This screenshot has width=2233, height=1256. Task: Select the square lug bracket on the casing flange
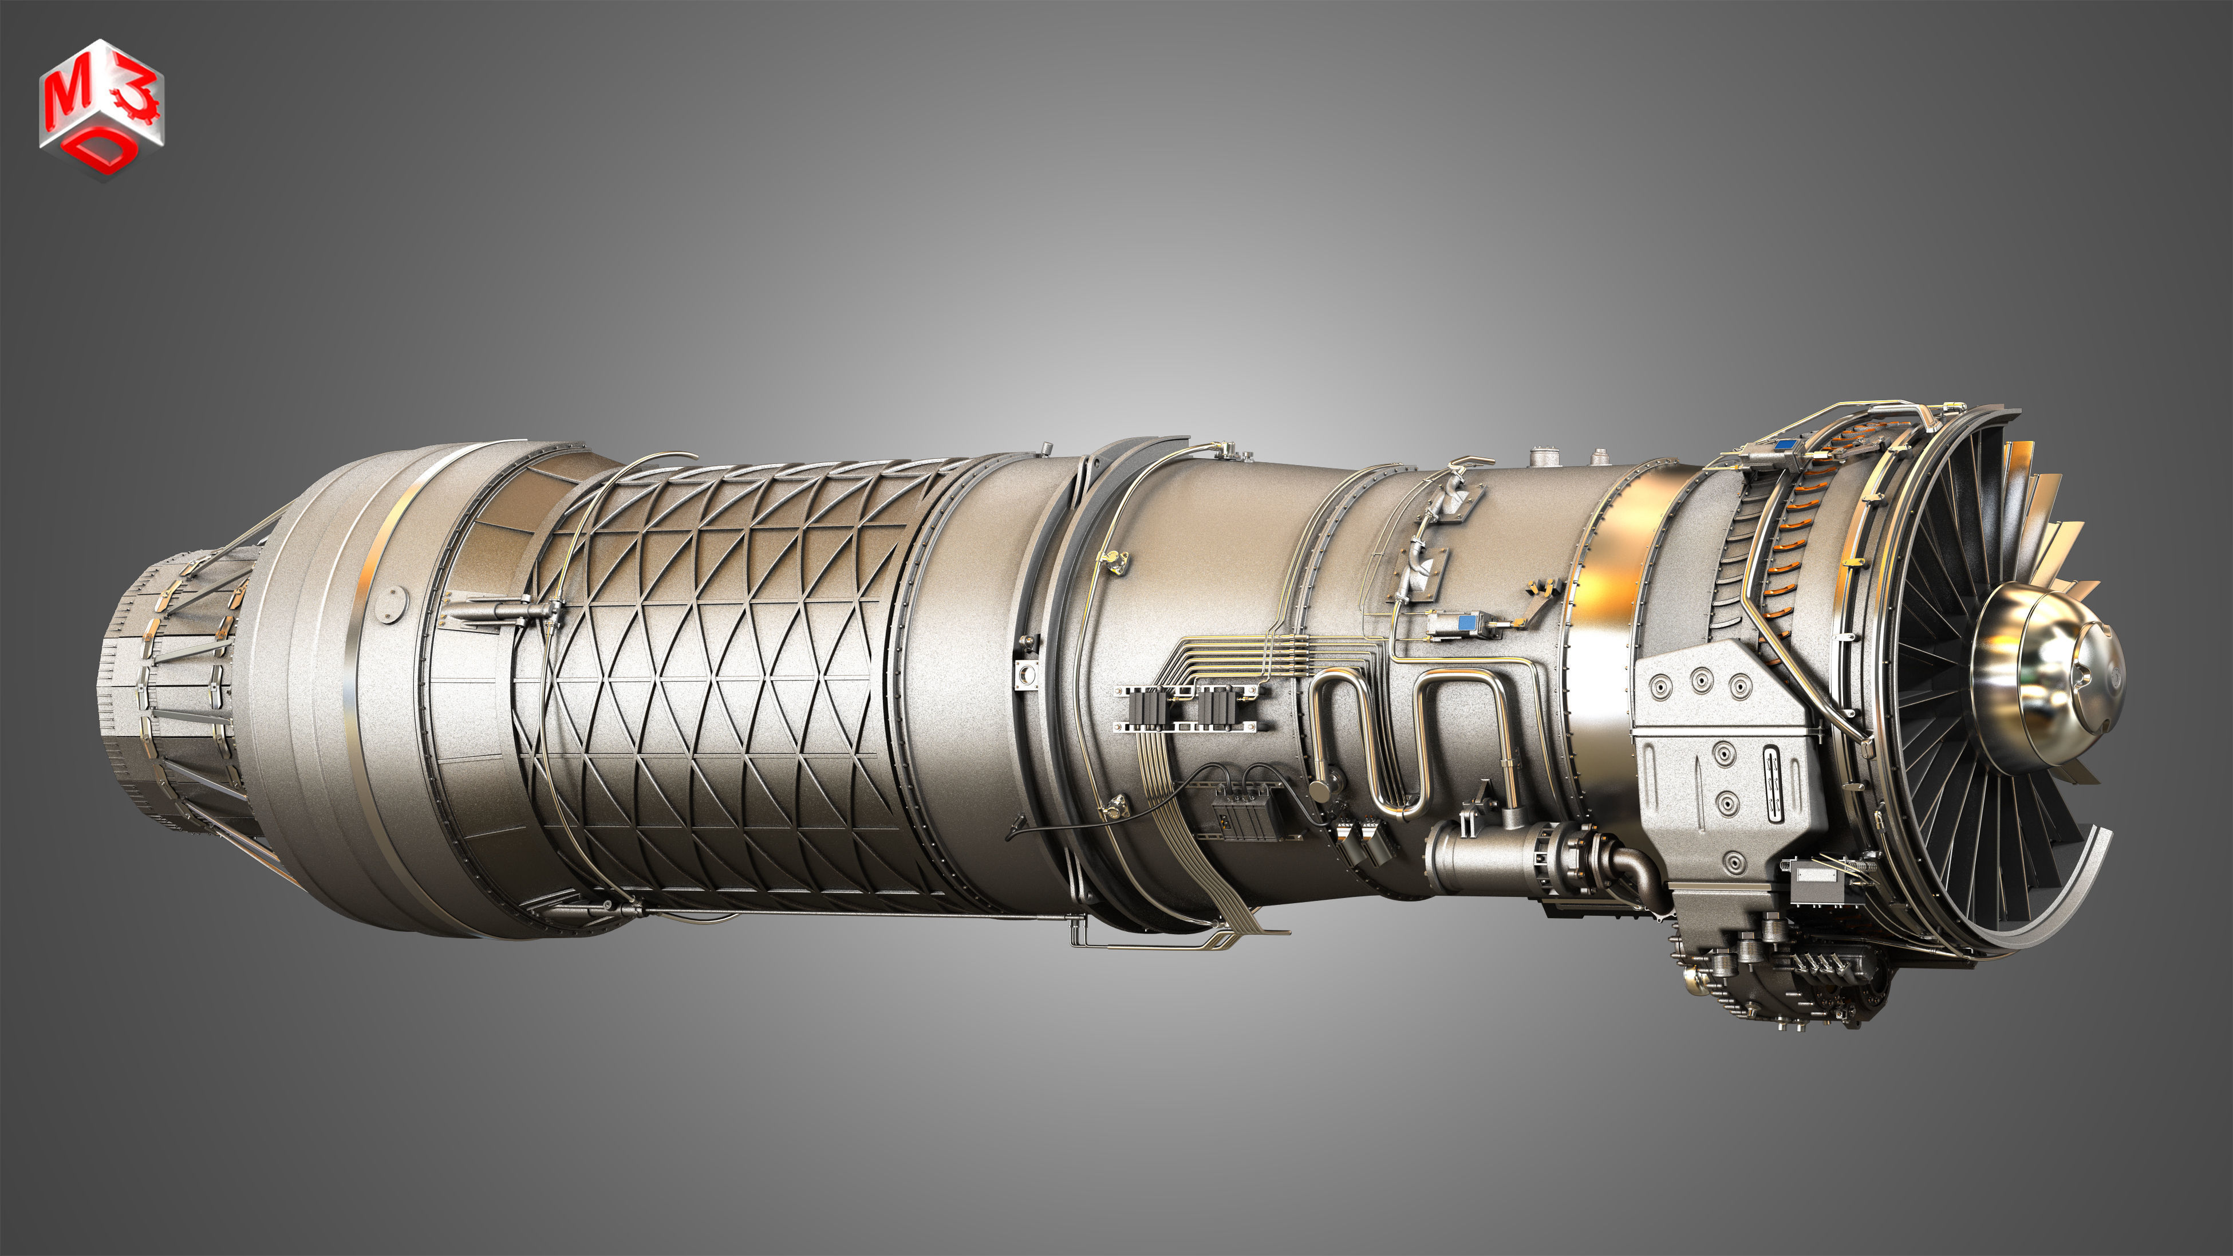tap(1027, 672)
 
